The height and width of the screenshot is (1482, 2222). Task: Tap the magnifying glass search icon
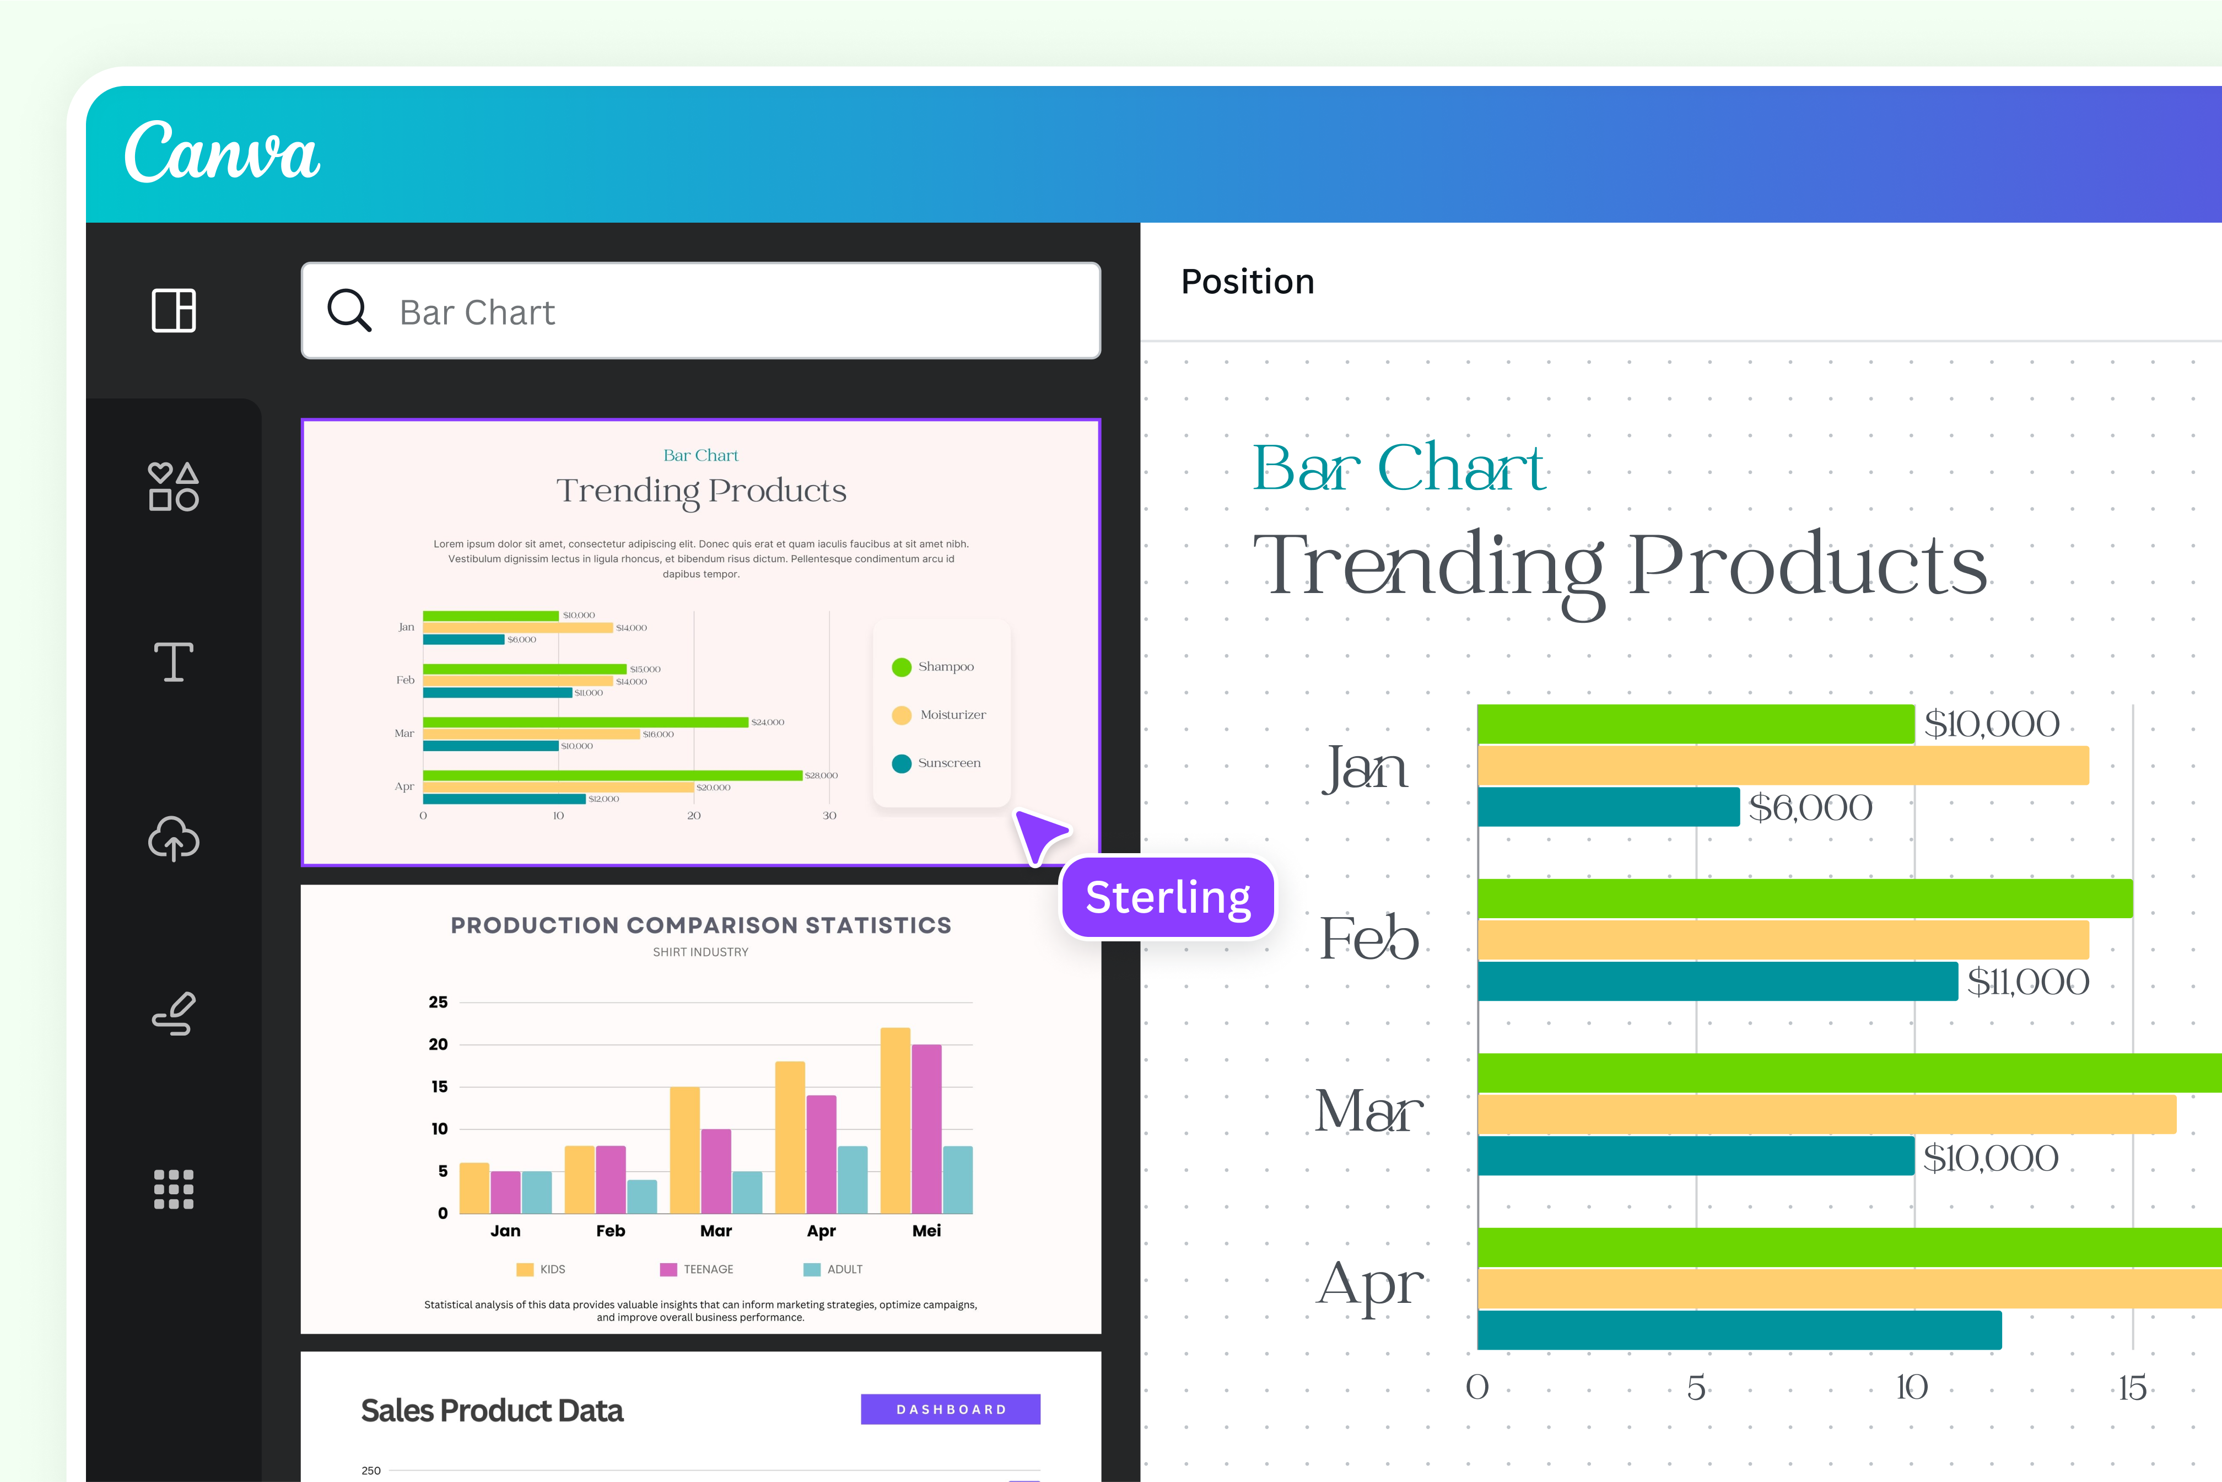pos(349,310)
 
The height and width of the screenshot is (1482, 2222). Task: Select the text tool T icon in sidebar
pos(174,661)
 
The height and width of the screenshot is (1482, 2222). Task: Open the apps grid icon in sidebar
pos(174,1189)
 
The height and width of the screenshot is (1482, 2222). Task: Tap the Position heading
pos(1248,282)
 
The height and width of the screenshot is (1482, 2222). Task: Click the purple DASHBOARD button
pos(950,1409)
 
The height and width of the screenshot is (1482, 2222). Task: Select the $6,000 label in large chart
pos(1810,808)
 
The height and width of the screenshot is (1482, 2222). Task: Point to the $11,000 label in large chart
pos(2027,982)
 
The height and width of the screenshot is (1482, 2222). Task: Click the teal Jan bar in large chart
pos(1608,807)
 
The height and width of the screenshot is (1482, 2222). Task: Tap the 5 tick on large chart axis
pos(1696,1388)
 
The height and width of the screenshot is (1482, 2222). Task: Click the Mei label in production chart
pos(926,1231)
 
